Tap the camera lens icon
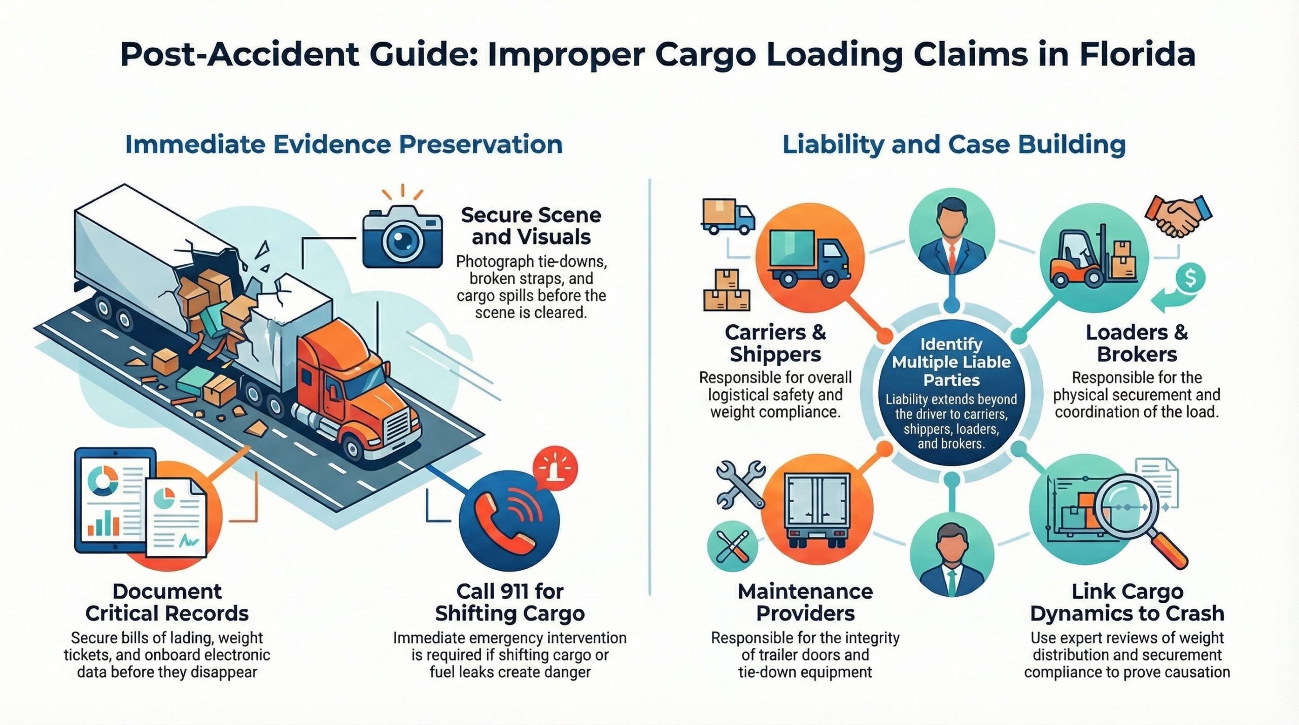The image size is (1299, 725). click(x=402, y=240)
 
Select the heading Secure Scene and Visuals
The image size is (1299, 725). click(x=531, y=226)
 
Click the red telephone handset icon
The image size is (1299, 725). click(x=505, y=522)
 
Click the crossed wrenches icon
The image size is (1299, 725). click(x=740, y=484)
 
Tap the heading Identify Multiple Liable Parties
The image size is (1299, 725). click(x=951, y=362)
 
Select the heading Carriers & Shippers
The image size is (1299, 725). click(x=775, y=343)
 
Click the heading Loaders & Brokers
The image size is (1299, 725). click(x=1137, y=343)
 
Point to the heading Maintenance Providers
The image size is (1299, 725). click(x=805, y=602)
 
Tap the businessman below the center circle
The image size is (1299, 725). click(x=951, y=558)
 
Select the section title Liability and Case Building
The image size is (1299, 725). click(x=954, y=145)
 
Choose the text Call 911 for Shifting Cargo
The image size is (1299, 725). click(x=509, y=602)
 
